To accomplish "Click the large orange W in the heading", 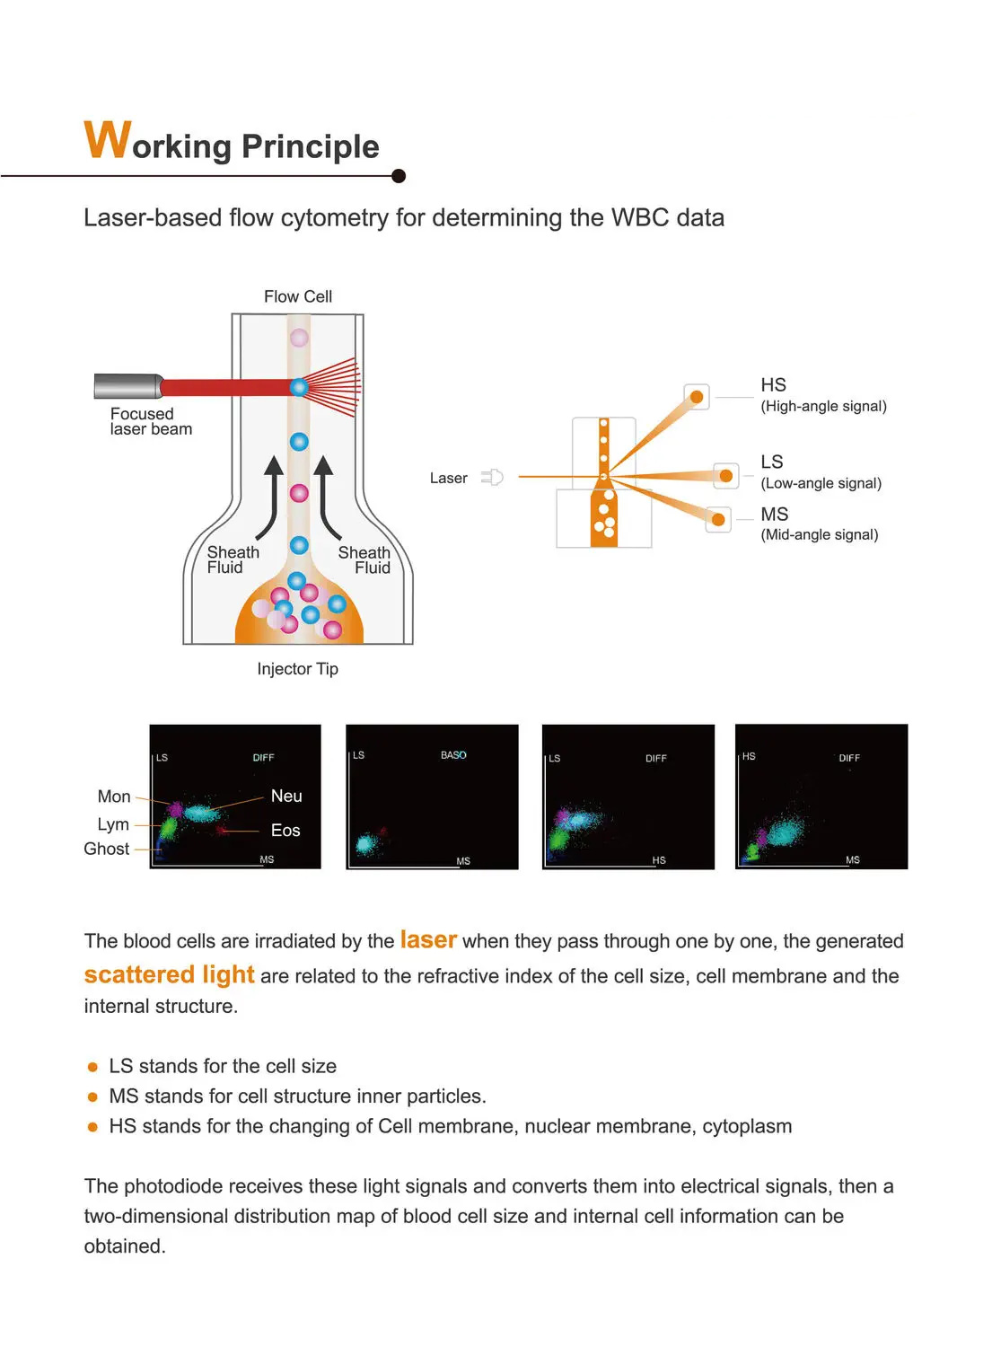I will pos(107,140).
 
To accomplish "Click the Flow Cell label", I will pos(297,296).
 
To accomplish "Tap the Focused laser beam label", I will pos(150,421).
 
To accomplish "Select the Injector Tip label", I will pos(297,669).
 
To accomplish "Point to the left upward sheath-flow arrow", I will pos(271,495).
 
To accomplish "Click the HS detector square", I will pos(697,397).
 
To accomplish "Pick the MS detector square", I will pos(717,520).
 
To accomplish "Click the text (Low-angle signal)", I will pos(821,483).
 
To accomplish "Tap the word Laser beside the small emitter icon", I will pos(448,478).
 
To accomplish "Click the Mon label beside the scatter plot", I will pos(114,797).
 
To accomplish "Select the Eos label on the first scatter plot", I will pos(285,831).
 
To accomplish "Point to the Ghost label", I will pos(106,849).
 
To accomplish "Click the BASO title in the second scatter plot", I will pos(453,755).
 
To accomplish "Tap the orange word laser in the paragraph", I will pos(428,940).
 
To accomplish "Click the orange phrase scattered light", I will pos(169,974).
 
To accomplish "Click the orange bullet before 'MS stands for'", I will pos(92,1096).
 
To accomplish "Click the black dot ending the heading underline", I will pos(399,176).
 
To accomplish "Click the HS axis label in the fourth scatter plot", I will pos(749,756).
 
